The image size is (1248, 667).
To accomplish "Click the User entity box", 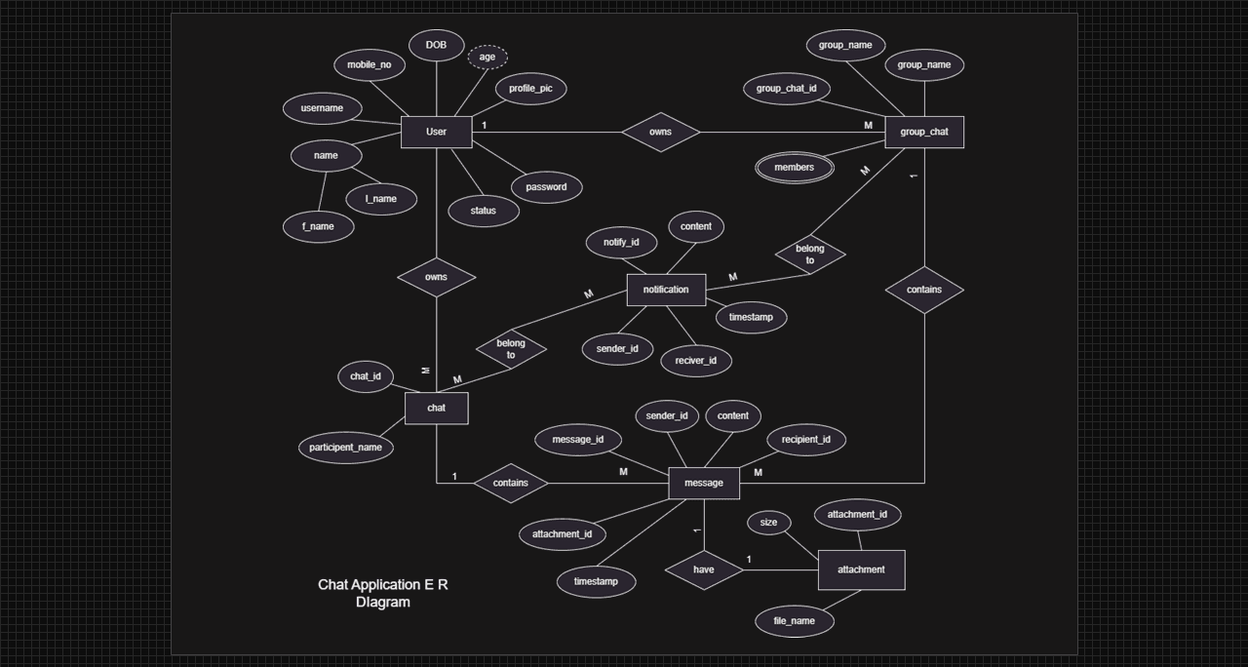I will [x=436, y=132].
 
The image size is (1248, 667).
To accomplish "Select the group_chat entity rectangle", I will [x=924, y=132].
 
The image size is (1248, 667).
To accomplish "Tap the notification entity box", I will [x=666, y=290].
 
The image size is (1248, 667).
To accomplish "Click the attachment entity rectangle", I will [x=861, y=569].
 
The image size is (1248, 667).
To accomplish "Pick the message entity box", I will [x=704, y=483].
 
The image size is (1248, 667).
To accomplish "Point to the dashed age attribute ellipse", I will [x=487, y=58].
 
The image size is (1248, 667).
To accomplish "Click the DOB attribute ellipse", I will [x=437, y=46].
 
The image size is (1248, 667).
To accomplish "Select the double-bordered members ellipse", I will [x=795, y=168].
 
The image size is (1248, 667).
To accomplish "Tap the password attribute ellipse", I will [x=546, y=187].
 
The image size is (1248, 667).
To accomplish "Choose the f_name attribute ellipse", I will [x=318, y=226].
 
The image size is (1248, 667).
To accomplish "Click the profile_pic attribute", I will [x=530, y=89].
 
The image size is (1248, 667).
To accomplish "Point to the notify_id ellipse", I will [x=621, y=243].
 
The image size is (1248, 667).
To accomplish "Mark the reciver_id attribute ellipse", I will [x=696, y=361].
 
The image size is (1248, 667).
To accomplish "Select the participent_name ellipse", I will [x=346, y=448].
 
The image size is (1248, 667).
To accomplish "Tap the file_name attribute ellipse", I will [x=795, y=621].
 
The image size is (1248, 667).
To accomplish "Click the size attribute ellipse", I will [x=769, y=523].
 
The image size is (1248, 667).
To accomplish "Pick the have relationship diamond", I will [x=704, y=569].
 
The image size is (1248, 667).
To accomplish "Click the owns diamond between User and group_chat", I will [x=660, y=132].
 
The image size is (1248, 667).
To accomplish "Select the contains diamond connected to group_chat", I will [x=924, y=290].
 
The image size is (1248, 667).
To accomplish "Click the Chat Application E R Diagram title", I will [x=383, y=593].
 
